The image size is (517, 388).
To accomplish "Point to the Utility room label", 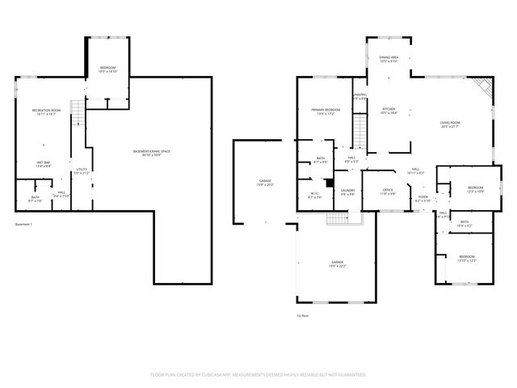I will tap(81, 170).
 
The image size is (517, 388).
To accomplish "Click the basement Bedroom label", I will tap(107, 67).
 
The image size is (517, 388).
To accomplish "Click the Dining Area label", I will tap(389, 57).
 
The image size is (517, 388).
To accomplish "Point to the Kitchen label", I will tap(389, 108).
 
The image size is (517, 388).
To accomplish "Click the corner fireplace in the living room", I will tap(482, 86).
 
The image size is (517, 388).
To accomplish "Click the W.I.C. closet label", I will tap(315, 194).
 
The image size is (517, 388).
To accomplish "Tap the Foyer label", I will tap(422, 196).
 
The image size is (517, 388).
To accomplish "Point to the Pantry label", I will tap(360, 95).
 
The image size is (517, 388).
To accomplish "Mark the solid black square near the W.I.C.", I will tap(330, 183).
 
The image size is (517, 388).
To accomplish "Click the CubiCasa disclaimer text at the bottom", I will tap(258, 374).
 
